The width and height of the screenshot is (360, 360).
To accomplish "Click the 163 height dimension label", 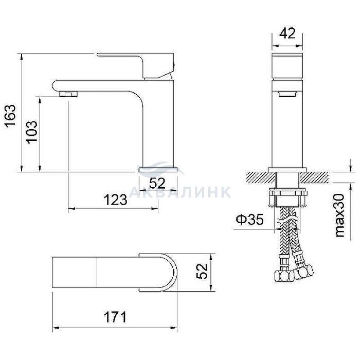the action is [x=10, y=115].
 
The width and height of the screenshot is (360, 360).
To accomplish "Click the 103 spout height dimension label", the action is [x=31, y=132].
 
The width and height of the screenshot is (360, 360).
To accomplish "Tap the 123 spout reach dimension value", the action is [x=116, y=200].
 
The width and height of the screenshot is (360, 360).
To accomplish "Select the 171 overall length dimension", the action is [x=115, y=317].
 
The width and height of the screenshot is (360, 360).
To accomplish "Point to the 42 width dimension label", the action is [x=287, y=33].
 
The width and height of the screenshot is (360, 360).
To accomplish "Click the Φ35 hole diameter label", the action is [x=249, y=220].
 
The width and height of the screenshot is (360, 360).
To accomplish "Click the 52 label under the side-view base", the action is [x=157, y=183].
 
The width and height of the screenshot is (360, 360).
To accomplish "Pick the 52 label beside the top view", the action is [x=202, y=271].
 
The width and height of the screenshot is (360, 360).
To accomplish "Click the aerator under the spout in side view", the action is [x=68, y=94].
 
